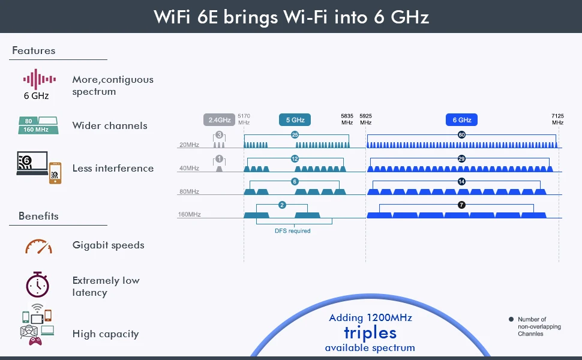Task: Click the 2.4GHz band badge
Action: click(219, 120)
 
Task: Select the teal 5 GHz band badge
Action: click(295, 120)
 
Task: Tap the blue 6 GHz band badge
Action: click(461, 120)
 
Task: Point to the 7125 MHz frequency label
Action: click(557, 119)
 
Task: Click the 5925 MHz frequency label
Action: click(365, 119)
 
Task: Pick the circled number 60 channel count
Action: click(461, 135)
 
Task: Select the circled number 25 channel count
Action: click(295, 135)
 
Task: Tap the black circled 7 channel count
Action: click(461, 205)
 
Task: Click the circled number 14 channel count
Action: click(461, 181)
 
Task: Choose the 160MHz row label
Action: click(189, 214)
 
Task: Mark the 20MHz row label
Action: click(189, 145)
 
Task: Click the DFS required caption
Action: click(292, 231)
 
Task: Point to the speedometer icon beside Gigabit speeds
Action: click(38, 247)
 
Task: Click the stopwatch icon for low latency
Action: click(37, 284)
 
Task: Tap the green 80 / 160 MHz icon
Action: click(38, 125)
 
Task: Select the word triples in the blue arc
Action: click(370, 333)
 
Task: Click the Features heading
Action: click(34, 50)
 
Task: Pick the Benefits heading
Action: click(38, 216)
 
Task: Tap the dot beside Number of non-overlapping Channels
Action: click(511, 319)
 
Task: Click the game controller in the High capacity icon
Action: click(35, 341)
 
